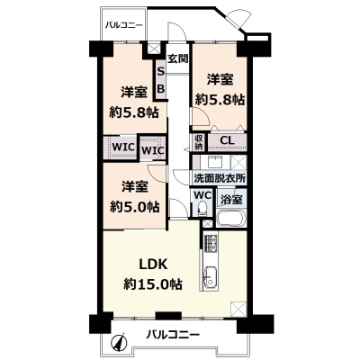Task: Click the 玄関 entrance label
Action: point(177,58)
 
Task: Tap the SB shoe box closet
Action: point(161,80)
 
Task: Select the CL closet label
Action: point(227,140)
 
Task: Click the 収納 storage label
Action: point(199,142)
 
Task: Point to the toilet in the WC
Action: point(202,208)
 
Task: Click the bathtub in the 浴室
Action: point(231,219)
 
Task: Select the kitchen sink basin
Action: point(210,277)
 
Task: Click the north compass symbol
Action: point(119,342)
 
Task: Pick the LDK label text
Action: point(153,265)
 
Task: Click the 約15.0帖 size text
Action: point(153,283)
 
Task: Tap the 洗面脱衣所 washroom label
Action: point(220,178)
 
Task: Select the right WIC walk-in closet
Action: point(153,148)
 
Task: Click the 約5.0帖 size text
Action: point(135,207)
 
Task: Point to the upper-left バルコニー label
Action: point(123,25)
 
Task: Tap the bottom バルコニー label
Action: point(173,334)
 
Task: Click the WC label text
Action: point(202,195)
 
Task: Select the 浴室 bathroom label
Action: point(231,200)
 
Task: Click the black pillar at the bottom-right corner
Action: point(256,324)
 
